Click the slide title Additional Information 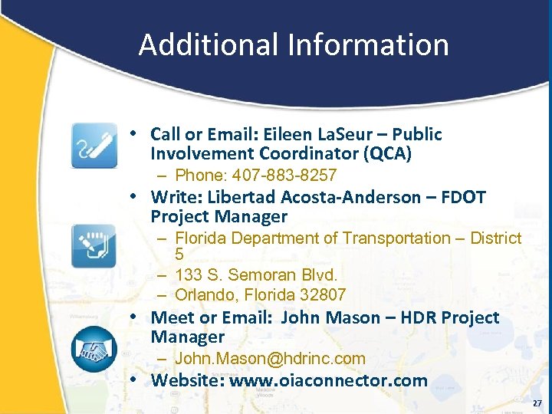point(294,44)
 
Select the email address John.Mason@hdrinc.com point(270,359)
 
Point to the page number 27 point(537,403)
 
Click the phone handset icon point(94,145)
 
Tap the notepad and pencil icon point(94,246)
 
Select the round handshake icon point(94,349)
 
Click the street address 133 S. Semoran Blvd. point(256,274)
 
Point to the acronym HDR point(418,317)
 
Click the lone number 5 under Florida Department point(179,255)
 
